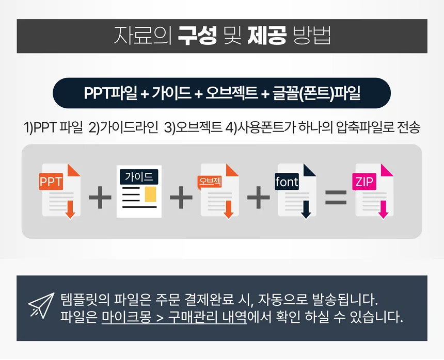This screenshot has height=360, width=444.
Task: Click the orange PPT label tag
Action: (51, 182)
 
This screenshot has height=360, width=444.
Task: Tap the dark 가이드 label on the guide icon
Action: (139, 177)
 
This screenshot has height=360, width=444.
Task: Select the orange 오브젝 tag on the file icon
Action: (210, 182)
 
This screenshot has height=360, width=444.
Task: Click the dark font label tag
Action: (287, 182)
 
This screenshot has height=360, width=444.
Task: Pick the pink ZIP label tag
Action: (364, 182)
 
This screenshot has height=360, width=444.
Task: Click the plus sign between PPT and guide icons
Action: (100, 199)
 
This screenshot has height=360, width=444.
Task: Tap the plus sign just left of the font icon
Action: (259, 199)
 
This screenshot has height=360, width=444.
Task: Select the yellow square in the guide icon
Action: (150, 194)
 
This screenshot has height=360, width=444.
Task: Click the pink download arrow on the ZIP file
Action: (383, 209)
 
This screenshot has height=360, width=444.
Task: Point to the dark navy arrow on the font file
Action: (306, 210)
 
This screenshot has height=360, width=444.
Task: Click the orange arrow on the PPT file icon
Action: (70, 209)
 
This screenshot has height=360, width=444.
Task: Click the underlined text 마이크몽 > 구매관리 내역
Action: (175, 316)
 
